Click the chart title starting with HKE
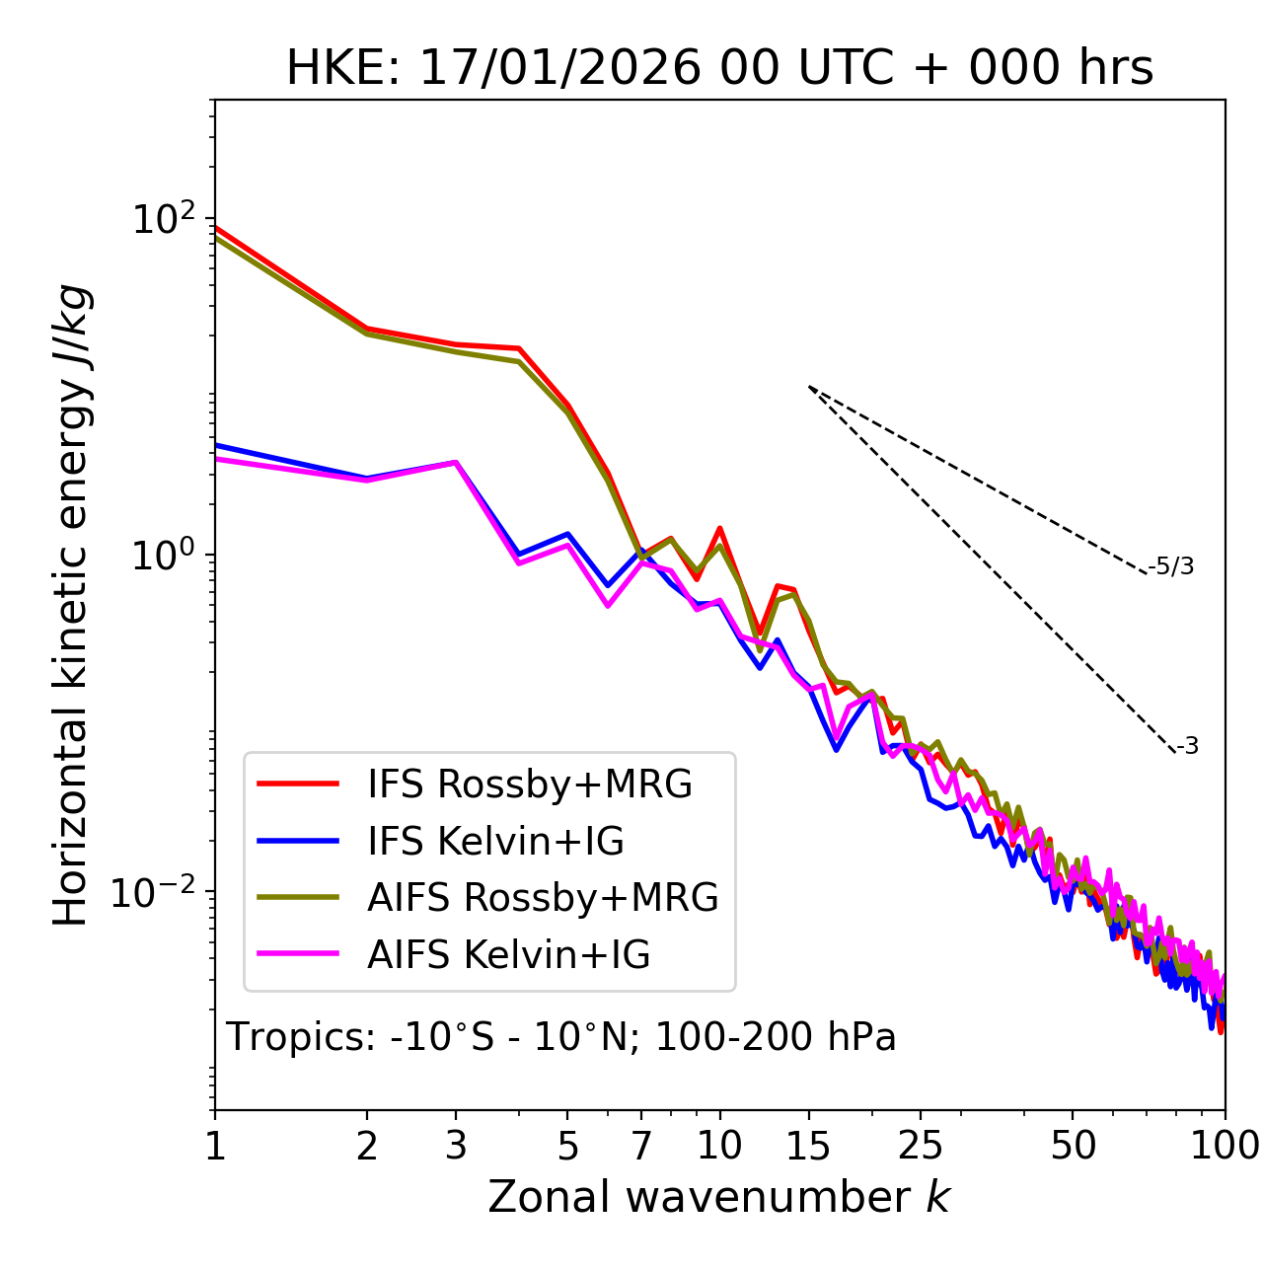pyautogui.click(x=719, y=69)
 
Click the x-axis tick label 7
pyautogui.click(x=641, y=1146)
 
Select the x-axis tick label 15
pyautogui.click(x=808, y=1146)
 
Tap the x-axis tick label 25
pyautogui.click(x=921, y=1146)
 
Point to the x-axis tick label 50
pyautogui.click(x=1073, y=1146)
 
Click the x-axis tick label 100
pyautogui.click(x=1225, y=1146)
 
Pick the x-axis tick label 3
pyautogui.click(x=456, y=1146)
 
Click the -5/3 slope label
pyautogui.click(x=1171, y=566)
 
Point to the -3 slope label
pyautogui.click(x=1187, y=747)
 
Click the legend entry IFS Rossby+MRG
pyautogui.click(x=529, y=785)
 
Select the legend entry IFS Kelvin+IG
pyautogui.click(x=495, y=842)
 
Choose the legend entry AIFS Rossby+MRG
pyautogui.click(x=543, y=898)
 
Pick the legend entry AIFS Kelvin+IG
pyautogui.click(x=508, y=955)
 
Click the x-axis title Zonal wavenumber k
pyautogui.click(x=719, y=1197)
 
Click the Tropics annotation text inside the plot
pyautogui.click(x=561, y=1038)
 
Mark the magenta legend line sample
pyautogui.click(x=298, y=954)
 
